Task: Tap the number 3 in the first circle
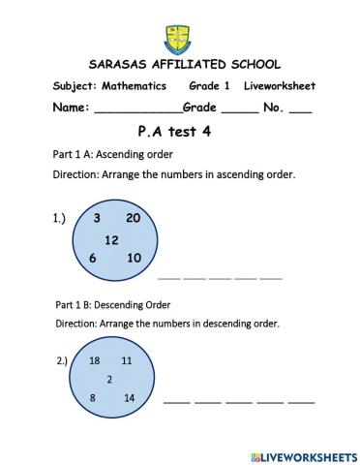click(x=98, y=218)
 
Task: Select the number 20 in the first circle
click(x=134, y=218)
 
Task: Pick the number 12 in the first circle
click(x=111, y=238)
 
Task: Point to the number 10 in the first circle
click(x=134, y=258)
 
